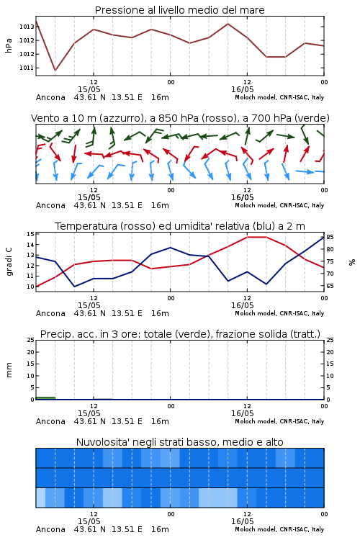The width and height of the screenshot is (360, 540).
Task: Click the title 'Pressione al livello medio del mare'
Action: point(179,10)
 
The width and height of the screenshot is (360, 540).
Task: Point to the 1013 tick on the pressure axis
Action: point(27,27)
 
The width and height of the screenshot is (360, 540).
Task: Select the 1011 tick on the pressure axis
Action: point(27,68)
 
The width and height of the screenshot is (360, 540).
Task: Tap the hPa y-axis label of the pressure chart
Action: point(9,45)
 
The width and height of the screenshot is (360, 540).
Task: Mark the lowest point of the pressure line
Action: point(55,71)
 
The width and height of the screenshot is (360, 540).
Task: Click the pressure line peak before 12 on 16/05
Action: point(228,24)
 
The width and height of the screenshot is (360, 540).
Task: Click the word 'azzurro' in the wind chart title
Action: point(120,119)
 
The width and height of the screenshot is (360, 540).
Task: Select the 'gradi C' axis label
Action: point(9,262)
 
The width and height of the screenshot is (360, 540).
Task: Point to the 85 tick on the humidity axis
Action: point(330,238)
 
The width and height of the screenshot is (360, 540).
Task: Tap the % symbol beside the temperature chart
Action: point(352,262)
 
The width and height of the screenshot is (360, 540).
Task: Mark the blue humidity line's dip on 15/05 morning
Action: point(74,287)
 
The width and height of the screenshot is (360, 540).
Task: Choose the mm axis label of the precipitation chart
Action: point(9,370)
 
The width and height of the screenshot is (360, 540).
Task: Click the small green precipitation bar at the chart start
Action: point(45,398)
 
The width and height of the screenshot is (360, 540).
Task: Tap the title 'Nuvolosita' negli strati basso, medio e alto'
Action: point(179,442)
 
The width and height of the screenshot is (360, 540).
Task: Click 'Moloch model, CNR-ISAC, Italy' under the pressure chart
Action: point(279,97)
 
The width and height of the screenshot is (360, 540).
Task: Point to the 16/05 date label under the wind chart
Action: point(242,198)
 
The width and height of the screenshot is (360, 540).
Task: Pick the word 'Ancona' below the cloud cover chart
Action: point(50,529)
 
